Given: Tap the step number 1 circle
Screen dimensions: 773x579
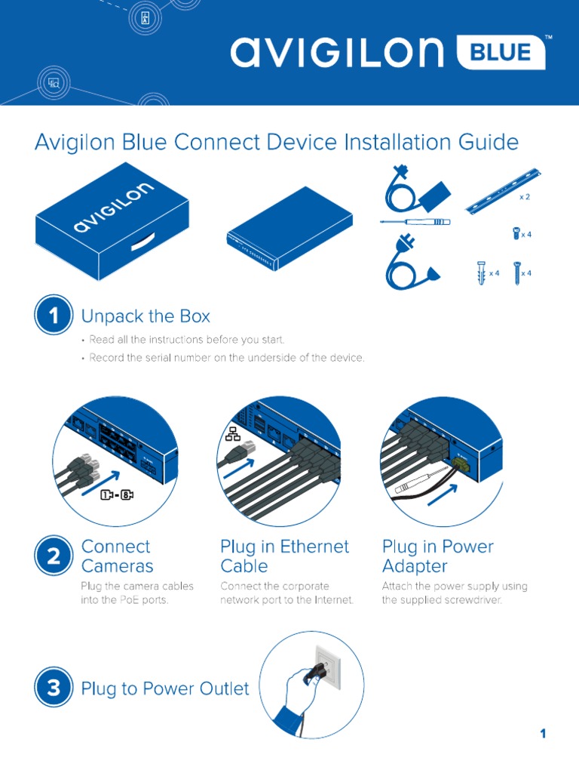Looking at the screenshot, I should (53, 316).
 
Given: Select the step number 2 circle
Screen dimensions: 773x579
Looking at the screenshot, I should (53, 557).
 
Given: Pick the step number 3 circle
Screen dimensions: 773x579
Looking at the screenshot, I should (53, 688).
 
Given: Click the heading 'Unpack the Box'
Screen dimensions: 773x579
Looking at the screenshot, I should (146, 316).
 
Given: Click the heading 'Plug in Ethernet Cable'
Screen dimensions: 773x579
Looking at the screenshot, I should (284, 556).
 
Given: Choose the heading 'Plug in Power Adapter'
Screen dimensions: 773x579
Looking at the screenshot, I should (437, 556).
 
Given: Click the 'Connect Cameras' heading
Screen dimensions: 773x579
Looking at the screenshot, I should (117, 556).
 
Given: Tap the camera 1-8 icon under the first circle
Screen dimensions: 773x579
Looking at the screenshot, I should (116, 495).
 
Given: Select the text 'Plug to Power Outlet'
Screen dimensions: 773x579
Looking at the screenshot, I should (164, 688).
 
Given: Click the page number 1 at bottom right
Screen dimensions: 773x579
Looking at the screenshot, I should (542, 734).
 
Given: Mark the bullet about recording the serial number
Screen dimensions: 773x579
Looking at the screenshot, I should (226, 358).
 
